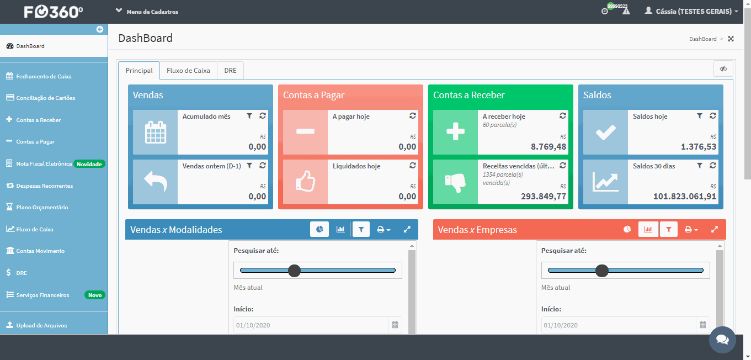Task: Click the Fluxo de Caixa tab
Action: pyautogui.click(x=188, y=71)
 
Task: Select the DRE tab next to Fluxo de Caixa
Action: pyautogui.click(x=230, y=71)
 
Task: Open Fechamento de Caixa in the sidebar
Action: pyautogui.click(x=44, y=76)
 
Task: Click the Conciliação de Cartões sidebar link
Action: pyautogui.click(x=46, y=98)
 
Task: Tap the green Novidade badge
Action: pyautogui.click(x=89, y=164)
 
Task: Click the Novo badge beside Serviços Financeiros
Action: pyautogui.click(x=95, y=295)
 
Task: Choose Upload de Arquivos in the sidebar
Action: pyautogui.click(x=41, y=325)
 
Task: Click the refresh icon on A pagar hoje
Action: pyautogui.click(x=412, y=116)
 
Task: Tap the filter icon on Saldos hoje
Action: pyautogui.click(x=699, y=116)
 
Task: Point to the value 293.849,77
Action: pyautogui.click(x=543, y=196)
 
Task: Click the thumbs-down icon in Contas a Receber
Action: pyautogui.click(x=455, y=182)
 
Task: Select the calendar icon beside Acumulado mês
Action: pyautogui.click(x=155, y=132)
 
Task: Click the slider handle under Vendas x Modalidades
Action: pyautogui.click(x=294, y=271)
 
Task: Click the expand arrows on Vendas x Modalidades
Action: pyautogui.click(x=407, y=230)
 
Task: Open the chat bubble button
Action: pyautogui.click(x=722, y=340)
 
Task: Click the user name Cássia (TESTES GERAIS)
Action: pyautogui.click(x=693, y=12)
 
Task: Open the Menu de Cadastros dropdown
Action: pyautogui.click(x=147, y=12)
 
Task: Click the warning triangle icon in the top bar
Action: pyautogui.click(x=626, y=12)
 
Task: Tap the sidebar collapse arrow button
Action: pyautogui.click(x=99, y=29)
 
